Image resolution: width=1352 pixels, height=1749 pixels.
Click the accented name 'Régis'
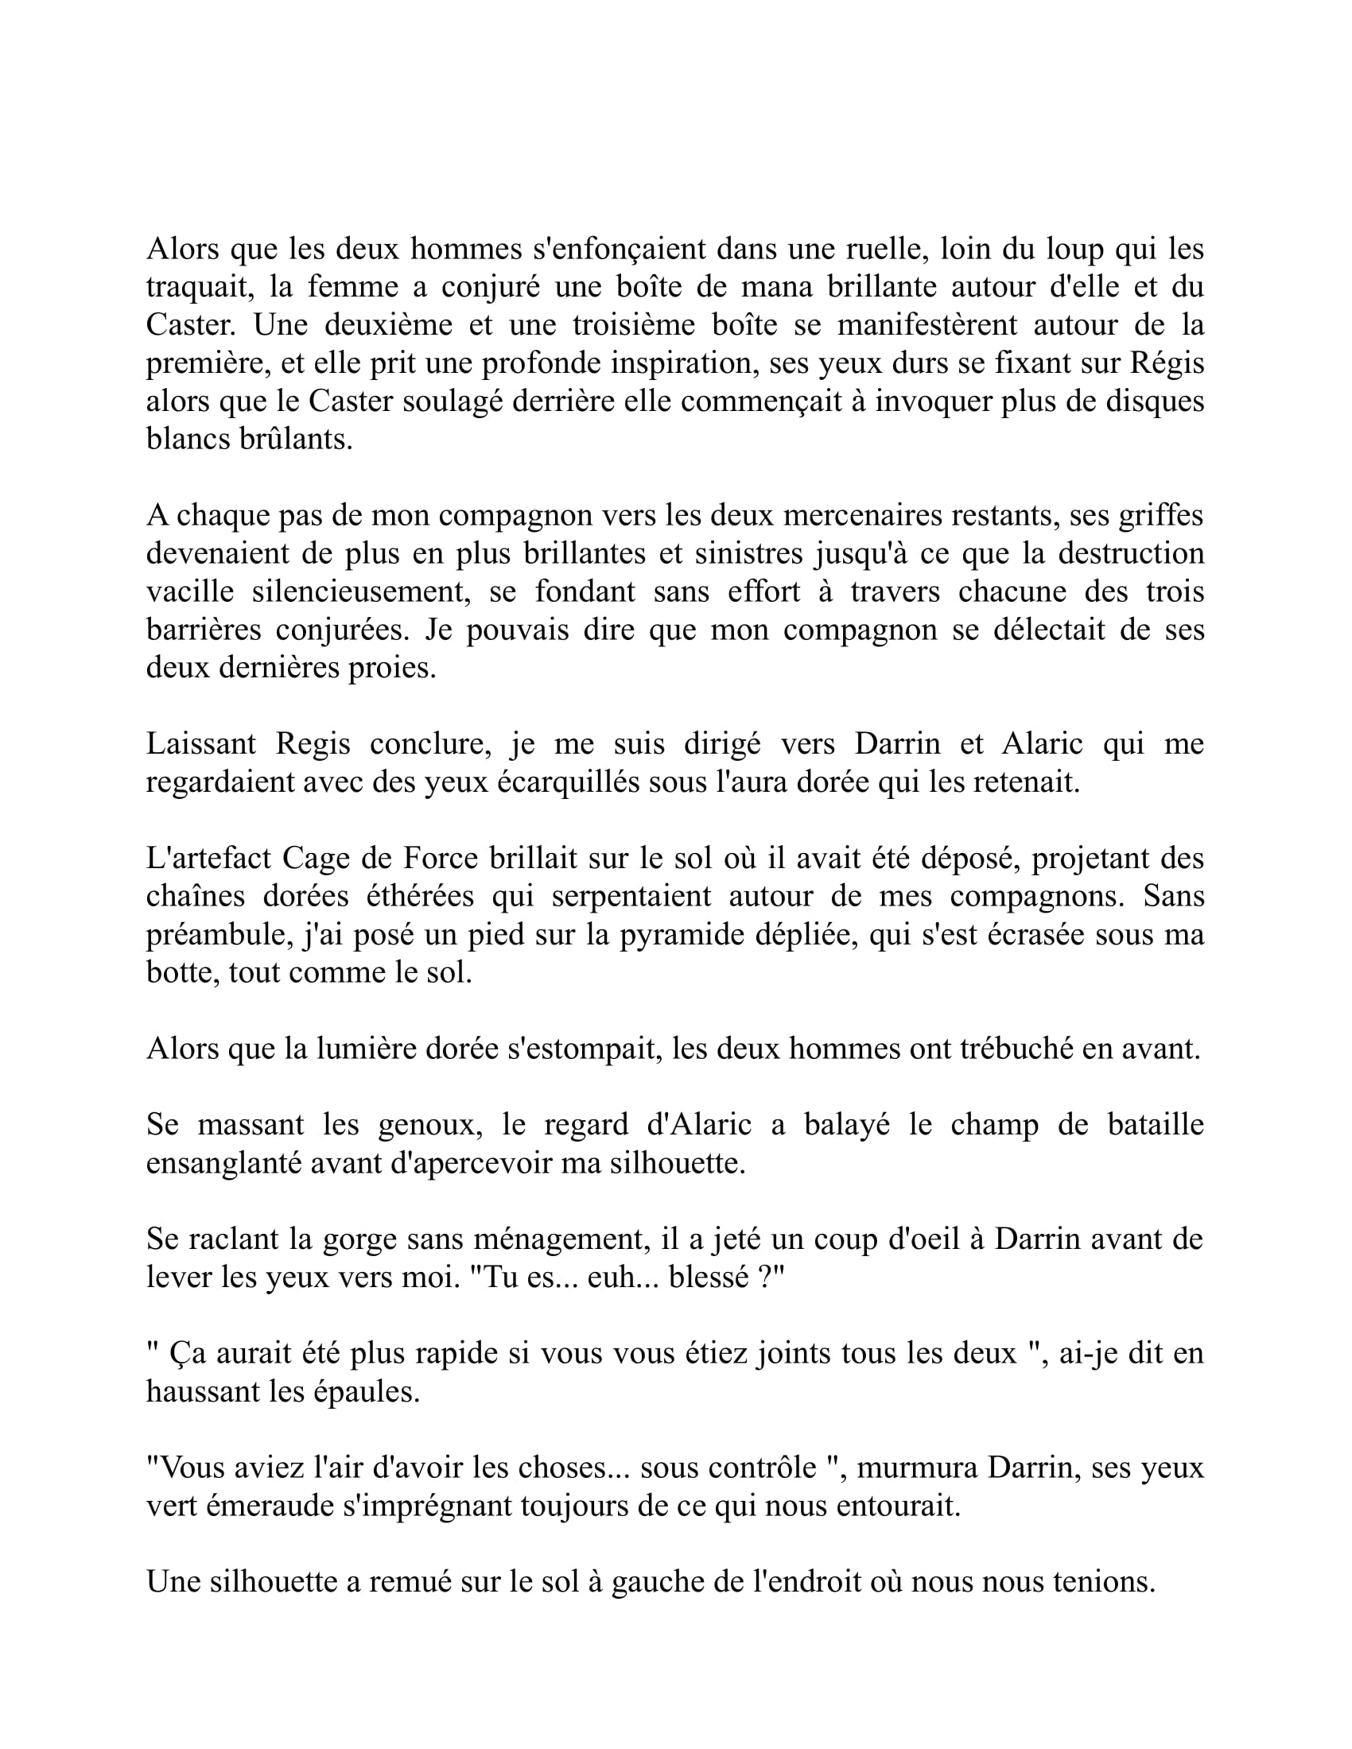(1167, 363)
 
